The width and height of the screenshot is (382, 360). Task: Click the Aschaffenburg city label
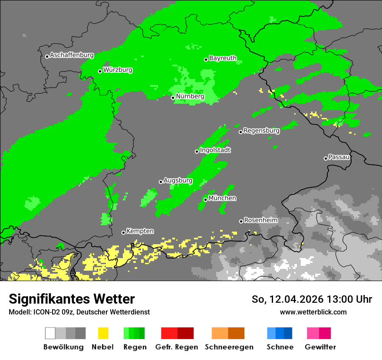(72, 55)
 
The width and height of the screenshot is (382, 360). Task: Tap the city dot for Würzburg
(100, 71)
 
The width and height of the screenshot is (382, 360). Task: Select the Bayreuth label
(223, 58)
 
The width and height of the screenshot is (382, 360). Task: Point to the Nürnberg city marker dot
(173, 98)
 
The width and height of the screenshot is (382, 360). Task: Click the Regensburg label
(261, 130)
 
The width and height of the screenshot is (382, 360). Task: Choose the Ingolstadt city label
(215, 150)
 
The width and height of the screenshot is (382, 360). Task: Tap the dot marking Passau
(326, 158)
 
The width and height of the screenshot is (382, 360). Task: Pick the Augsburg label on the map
(178, 180)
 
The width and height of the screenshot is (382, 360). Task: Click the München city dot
(205, 200)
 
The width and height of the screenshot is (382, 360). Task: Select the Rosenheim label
(260, 220)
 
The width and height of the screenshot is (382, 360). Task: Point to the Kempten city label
(140, 231)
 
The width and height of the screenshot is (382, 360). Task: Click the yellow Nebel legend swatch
(103, 333)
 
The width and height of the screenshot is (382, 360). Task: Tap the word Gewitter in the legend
(320, 347)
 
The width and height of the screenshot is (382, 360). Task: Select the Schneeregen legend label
(229, 347)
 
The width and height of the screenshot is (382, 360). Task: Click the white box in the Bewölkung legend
(50, 333)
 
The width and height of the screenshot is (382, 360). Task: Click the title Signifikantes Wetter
(72, 299)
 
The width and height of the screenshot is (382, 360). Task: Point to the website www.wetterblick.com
(313, 312)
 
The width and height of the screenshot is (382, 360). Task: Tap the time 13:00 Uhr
(345, 299)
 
